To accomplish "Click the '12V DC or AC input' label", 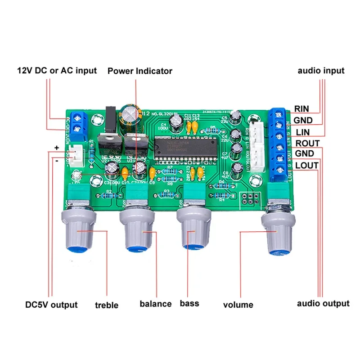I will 57,71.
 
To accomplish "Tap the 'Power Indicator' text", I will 139,71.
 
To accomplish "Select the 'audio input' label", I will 321,71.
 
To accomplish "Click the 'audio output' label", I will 323,303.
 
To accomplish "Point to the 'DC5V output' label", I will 51,305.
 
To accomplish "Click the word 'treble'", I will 107,305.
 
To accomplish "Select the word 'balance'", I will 155,304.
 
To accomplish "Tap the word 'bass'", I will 189,304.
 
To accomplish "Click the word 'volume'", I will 238,305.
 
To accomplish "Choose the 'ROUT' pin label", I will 307,144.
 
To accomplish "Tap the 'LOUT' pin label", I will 307,165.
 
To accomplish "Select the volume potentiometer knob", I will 278,235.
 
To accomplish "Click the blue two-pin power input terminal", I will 79,122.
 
